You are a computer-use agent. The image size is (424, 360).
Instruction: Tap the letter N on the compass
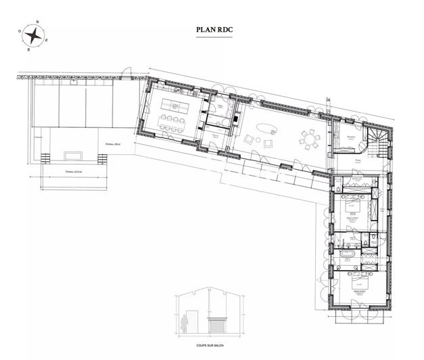click(x=37, y=21)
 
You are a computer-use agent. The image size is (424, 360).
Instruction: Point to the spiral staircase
click(x=378, y=141)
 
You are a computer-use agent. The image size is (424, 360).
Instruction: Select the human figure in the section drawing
click(x=185, y=320)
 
